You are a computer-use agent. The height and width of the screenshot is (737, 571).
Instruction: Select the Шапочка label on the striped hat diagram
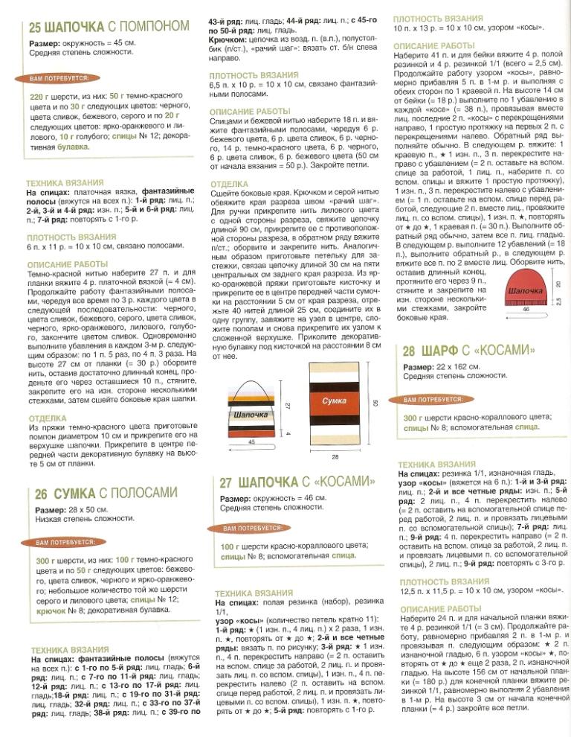click(251, 414)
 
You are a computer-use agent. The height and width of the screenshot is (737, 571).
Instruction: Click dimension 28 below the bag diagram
click(334, 456)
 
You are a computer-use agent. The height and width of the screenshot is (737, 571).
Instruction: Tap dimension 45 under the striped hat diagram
click(251, 441)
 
